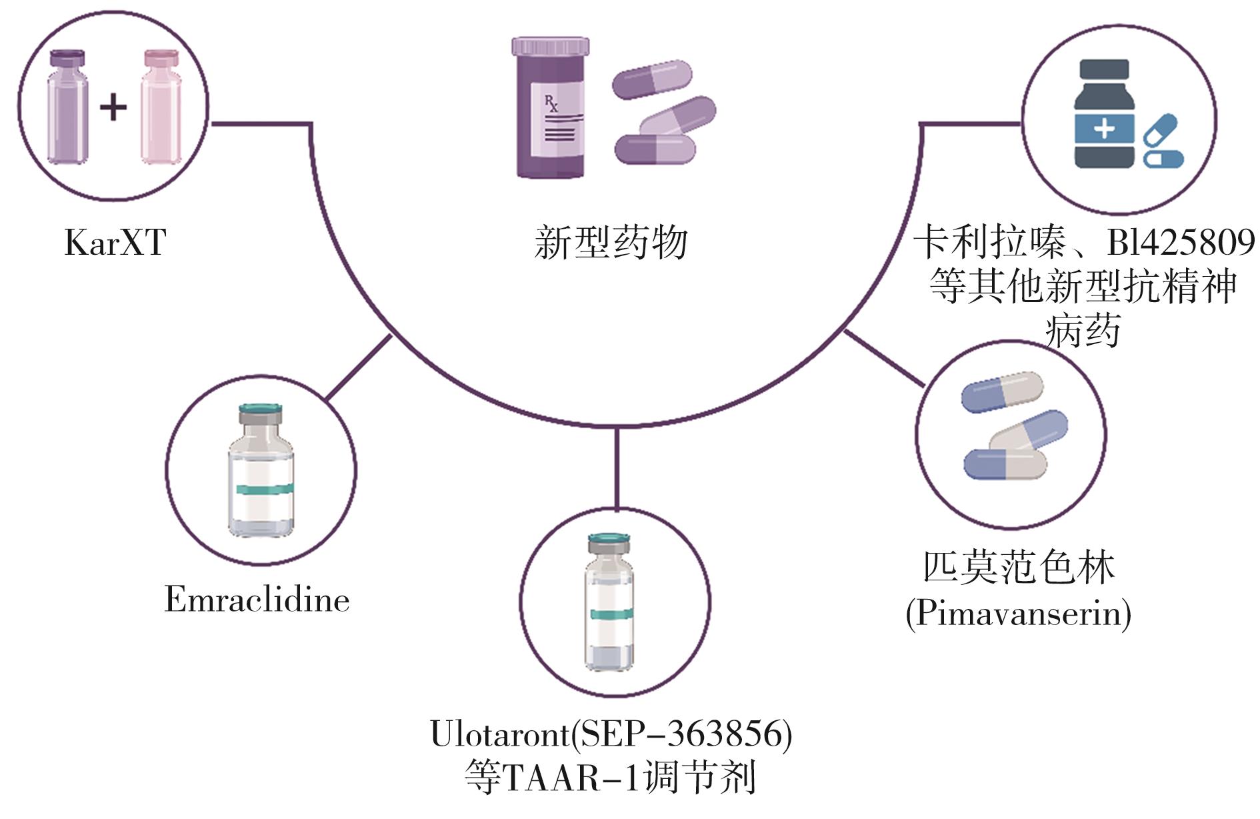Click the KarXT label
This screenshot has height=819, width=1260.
[x=115, y=242]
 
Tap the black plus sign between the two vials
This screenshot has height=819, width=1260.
[x=113, y=107]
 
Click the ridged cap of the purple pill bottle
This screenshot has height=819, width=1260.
[x=551, y=46]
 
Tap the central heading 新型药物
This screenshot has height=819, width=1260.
[x=610, y=242]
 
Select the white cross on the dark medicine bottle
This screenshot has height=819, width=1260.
[x=1104, y=127]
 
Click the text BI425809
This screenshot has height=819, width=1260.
[x=1181, y=242]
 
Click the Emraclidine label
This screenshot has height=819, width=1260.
[x=257, y=599]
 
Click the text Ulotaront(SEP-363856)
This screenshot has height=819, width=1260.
[x=611, y=734]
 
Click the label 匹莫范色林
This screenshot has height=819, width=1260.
[x=1019, y=568]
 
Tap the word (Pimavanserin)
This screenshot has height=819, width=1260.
[x=1019, y=612]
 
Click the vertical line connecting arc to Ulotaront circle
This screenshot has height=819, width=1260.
[x=617, y=467]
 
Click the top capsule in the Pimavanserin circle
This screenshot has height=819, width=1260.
[x=1001, y=392]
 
